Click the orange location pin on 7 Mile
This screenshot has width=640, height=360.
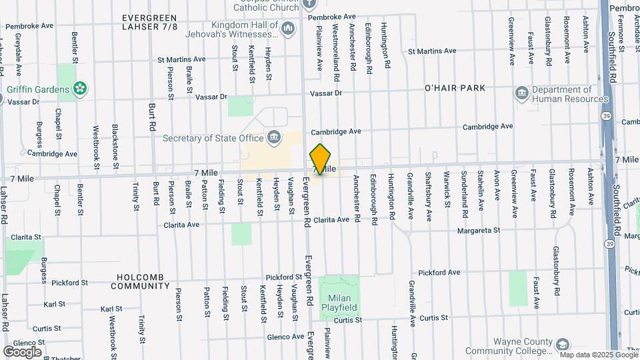pyautogui.click(x=321, y=159)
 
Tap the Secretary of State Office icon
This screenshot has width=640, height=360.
pyautogui.click(x=274, y=138)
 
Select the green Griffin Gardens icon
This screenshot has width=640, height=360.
pyautogui.click(x=80, y=89)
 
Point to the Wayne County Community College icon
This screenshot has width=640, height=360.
pyautogui.click(x=563, y=345)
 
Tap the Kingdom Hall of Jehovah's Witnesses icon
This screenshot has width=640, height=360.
pyautogui.click(x=288, y=29)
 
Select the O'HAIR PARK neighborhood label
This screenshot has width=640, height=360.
pyautogui.click(x=455, y=87)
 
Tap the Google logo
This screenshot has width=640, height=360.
pyautogui.click(x=22, y=351)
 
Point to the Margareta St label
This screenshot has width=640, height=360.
pyautogui.click(x=479, y=230)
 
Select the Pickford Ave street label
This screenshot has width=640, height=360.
pyautogui.click(x=439, y=273)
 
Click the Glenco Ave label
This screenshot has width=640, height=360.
pyautogui.click(x=286, y=337)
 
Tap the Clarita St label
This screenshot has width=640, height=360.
pyautogui.click(x=25, y=237)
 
